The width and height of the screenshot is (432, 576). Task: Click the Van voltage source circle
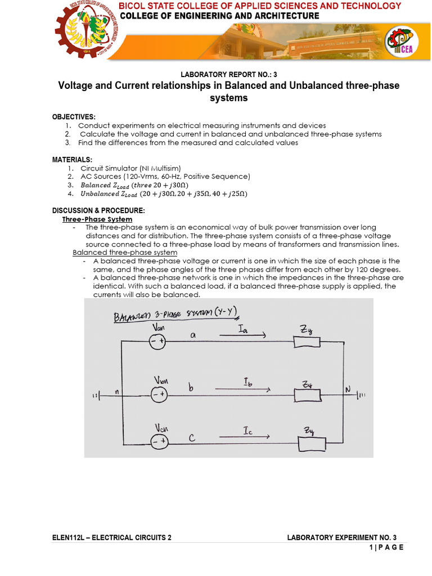(157, 341)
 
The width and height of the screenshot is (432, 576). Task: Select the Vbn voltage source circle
(157, 395)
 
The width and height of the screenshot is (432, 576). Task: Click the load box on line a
(307, 342)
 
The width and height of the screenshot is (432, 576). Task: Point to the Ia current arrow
(242, 336)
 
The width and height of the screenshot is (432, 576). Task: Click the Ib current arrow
(242, 389)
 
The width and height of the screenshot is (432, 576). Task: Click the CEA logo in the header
(401, 43)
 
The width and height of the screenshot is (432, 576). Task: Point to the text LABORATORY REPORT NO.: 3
(228, 75)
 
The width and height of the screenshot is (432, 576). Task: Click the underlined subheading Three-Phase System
(97, 219)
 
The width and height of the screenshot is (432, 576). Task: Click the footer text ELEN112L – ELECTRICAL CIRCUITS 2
(112, 537)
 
